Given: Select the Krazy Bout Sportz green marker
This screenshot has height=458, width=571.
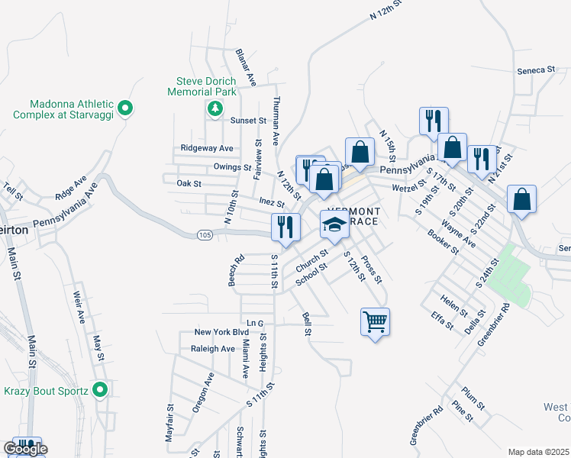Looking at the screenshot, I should [x=99, y=390].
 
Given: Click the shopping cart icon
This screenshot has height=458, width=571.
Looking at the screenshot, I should [x=375, y=321].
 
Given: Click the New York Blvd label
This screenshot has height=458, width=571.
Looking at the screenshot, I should [x=221, y=332].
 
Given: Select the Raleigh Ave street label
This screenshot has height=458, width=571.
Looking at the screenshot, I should [x=214, y=349].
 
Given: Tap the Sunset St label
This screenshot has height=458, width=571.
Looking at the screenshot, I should [x=248, y=121].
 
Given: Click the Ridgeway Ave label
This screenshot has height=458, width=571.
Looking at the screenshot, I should [x=206, y=148].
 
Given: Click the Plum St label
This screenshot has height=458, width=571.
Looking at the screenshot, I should [x=473, y=399].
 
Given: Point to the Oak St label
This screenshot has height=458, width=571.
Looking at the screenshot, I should [x=189, y=183].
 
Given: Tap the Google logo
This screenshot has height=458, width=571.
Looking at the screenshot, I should [x=25, y=449].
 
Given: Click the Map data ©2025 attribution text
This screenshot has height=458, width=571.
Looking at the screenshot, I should [x=538, y=452].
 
